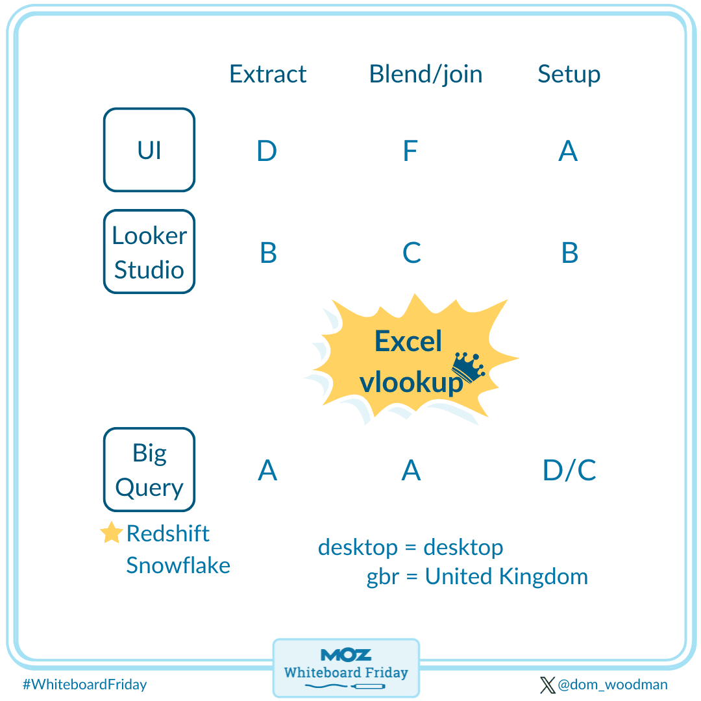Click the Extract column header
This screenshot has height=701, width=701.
(267, 74)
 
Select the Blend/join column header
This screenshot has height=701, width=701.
(426, 74)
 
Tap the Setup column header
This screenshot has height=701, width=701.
(569, 74)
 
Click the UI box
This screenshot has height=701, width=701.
(149, 150)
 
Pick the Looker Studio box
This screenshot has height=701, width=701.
(149, 252)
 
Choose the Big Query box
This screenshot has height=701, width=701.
(149, 470)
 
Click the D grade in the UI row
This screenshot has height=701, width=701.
(267, 151)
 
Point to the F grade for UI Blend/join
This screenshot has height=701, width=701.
(410, 151)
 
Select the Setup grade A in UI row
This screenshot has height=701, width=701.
(568, 151)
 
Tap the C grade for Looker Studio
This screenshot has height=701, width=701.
(412, 253)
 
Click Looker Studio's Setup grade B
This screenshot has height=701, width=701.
(569, 253)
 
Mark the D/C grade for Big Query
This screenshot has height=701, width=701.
(569, 471)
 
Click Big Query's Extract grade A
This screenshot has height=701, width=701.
(267, 471)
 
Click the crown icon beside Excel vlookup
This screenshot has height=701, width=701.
(469, 368)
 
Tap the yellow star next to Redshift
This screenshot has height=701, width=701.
(112, 533)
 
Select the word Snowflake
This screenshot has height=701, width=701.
(178, 565)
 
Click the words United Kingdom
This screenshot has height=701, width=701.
(506, 576)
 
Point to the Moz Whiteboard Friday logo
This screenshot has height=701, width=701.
(346, 667)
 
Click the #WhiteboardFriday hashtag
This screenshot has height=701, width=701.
(84, 684)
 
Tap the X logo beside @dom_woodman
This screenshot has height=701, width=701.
(547, 684)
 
